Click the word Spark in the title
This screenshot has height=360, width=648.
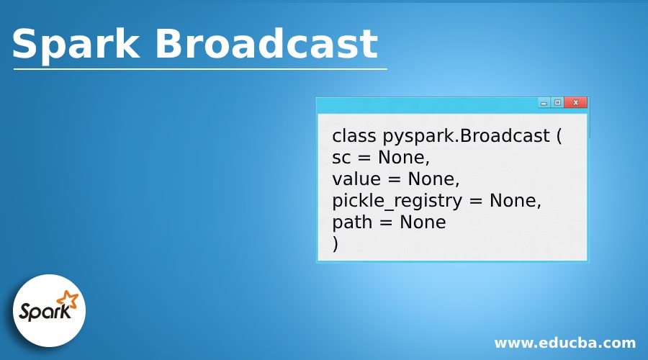point(76,45)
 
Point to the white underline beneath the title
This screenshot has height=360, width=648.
point(200,69)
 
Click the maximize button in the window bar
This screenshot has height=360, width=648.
point(557,103)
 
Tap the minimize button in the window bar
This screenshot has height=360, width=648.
point(544,103)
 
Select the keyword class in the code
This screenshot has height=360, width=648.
point(354,136)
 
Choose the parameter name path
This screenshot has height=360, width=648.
point(352,222)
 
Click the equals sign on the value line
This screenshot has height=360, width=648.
point(394,180)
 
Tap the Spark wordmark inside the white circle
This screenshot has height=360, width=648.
point(45,312)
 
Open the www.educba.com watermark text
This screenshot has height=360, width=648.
point(564,343)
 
